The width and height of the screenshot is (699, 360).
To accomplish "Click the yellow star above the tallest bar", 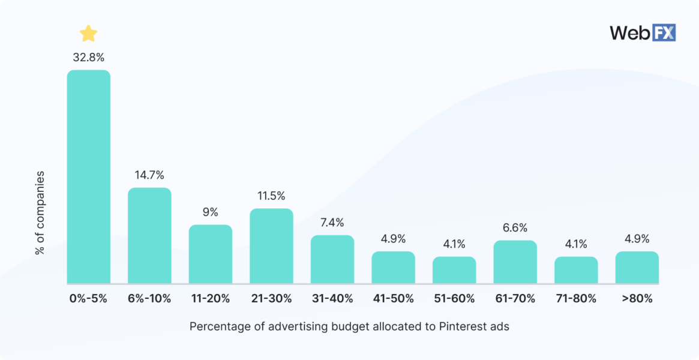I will click(88, 34).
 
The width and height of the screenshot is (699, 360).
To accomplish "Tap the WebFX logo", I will click(643, 32).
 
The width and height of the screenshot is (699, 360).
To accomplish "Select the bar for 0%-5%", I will click(88, 177).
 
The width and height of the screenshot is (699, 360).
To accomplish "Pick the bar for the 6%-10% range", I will click(149, 236).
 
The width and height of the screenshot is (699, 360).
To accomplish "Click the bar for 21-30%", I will click(271, 246).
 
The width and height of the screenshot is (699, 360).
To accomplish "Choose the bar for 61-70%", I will click(515, 262).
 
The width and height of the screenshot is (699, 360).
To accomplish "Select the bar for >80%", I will click(637, 268).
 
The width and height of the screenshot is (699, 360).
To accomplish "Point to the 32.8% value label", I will click(88, 58).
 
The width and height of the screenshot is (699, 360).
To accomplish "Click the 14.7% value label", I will click(149, 175).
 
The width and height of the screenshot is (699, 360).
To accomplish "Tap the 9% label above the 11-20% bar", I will click(210, 212).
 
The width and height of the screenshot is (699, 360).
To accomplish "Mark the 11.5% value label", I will click(271, 196).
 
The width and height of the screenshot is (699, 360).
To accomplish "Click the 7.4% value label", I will click(332, 223).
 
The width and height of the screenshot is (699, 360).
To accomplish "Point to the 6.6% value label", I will click(515, 228).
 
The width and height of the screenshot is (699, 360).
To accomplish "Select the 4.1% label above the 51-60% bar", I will click(454, 244).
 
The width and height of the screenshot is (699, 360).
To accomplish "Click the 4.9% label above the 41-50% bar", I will click(393, 239).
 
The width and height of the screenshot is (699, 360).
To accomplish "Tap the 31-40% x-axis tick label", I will click(332, 299).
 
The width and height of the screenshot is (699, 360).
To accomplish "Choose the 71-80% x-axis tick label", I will click(576, 299).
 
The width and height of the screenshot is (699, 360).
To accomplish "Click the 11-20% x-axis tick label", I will click(210, 299).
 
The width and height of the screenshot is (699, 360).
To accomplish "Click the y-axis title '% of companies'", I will click(40, 213).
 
